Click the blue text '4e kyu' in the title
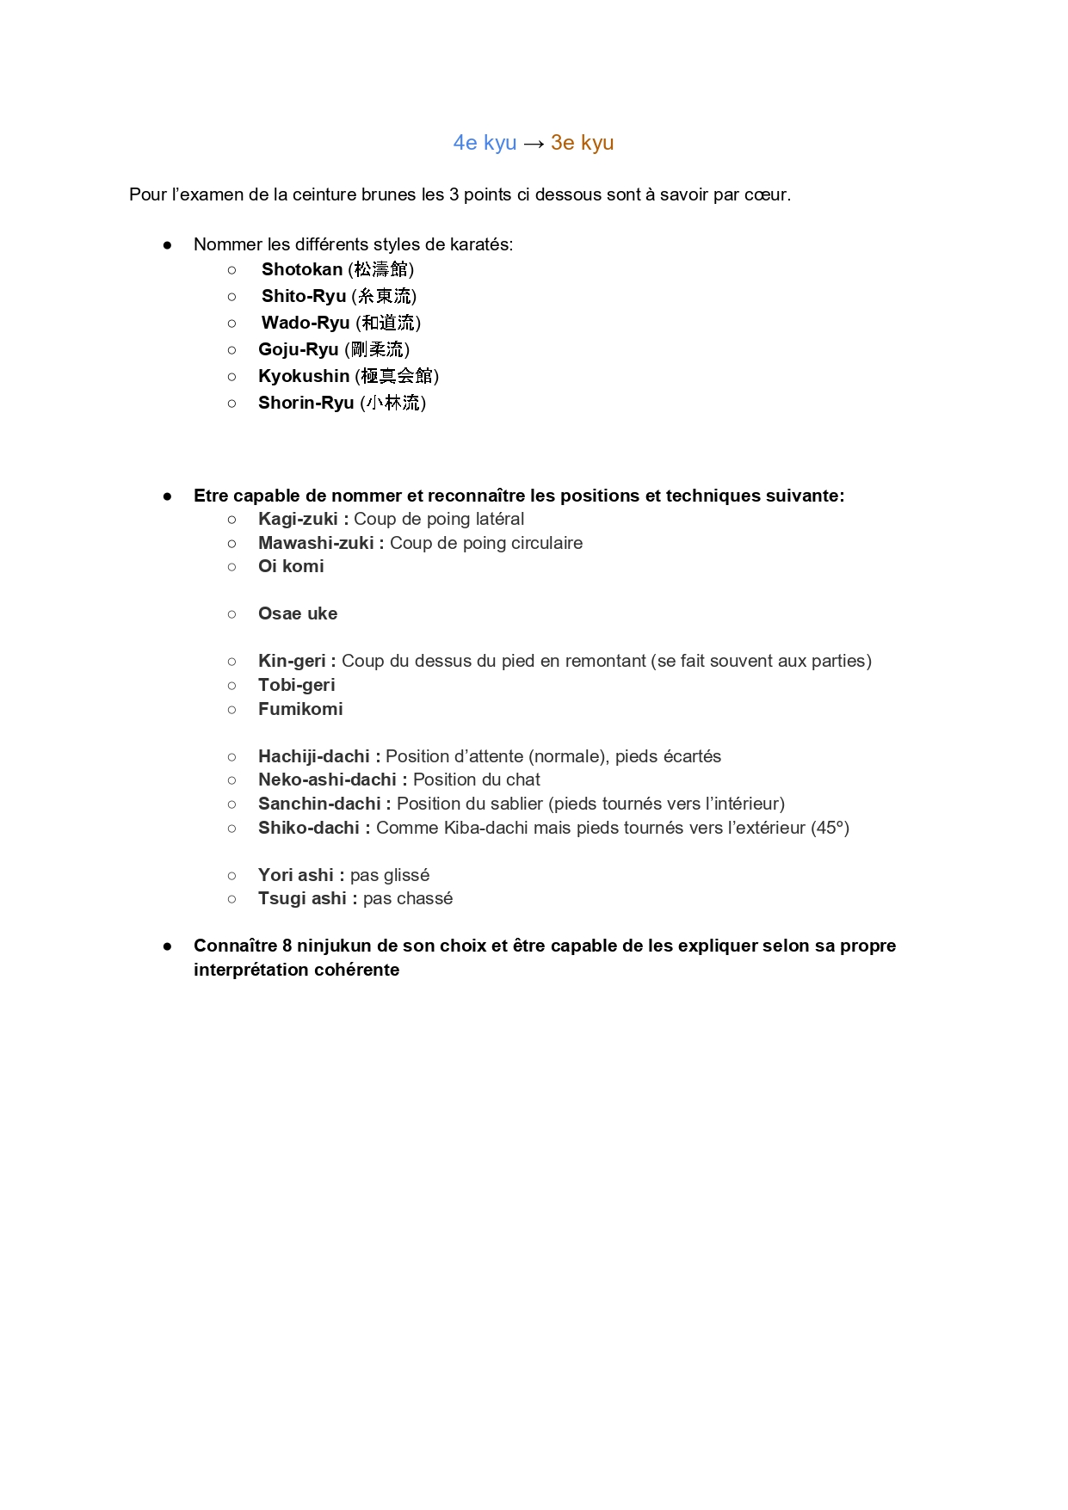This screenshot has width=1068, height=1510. click(x=485, y=143)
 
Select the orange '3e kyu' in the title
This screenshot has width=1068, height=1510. click(x=582, y=143)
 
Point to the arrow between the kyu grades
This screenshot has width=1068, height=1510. click(x=534, y=144)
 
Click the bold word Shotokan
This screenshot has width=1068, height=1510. click(x=302, y=270)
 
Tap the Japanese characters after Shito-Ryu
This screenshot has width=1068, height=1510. click(x=384, y=297)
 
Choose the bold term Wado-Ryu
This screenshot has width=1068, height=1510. click(x=306, y=324)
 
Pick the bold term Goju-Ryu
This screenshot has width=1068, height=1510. click(x=298, y=350)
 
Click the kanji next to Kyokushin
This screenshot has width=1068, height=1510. click(x=397, y=377)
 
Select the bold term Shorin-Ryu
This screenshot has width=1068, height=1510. click(x=306, y=404)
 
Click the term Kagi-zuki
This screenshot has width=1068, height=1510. click(x=298, y=520)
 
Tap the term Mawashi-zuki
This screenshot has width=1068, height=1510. click(x=316, y=544)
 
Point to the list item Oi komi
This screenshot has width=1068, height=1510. click(x=291, y=567)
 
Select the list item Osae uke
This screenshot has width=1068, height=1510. click(x=298, y=614)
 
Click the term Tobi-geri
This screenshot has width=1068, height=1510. click(x=296, y=686)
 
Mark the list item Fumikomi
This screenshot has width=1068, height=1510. click(x=300, y=710)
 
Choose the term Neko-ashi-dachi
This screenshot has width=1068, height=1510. click(x=327, y=780)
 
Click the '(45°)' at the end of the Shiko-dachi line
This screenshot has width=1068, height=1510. click(x=830, y=829)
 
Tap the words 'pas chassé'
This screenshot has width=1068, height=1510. click(x=407, y=899)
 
